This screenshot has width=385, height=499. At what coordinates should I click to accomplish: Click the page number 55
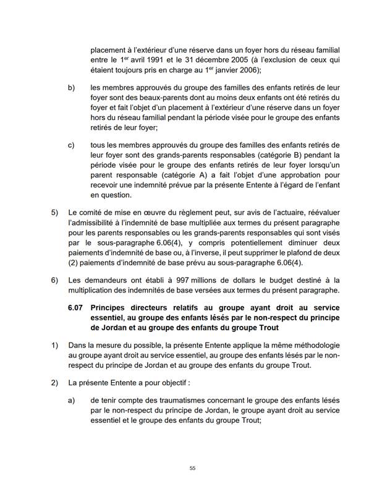(192, 468)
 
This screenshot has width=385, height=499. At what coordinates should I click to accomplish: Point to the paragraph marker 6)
(54, 280)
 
